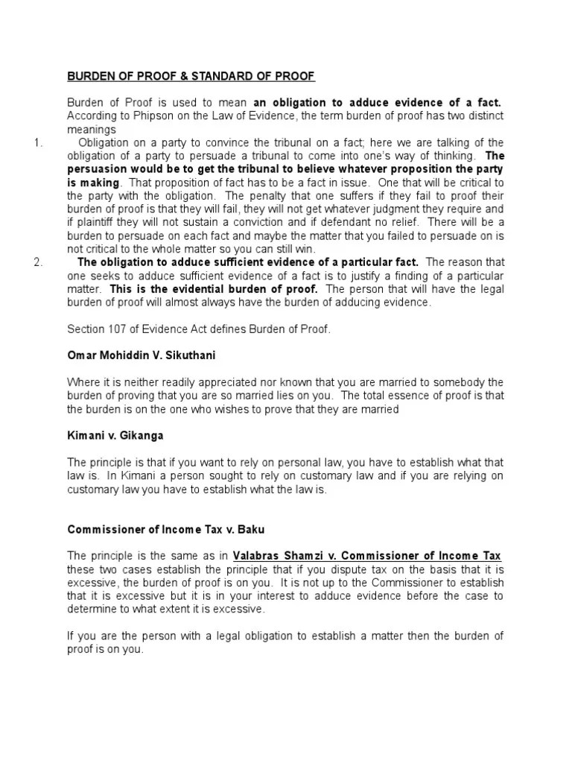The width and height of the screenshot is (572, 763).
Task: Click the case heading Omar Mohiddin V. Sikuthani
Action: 142,355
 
